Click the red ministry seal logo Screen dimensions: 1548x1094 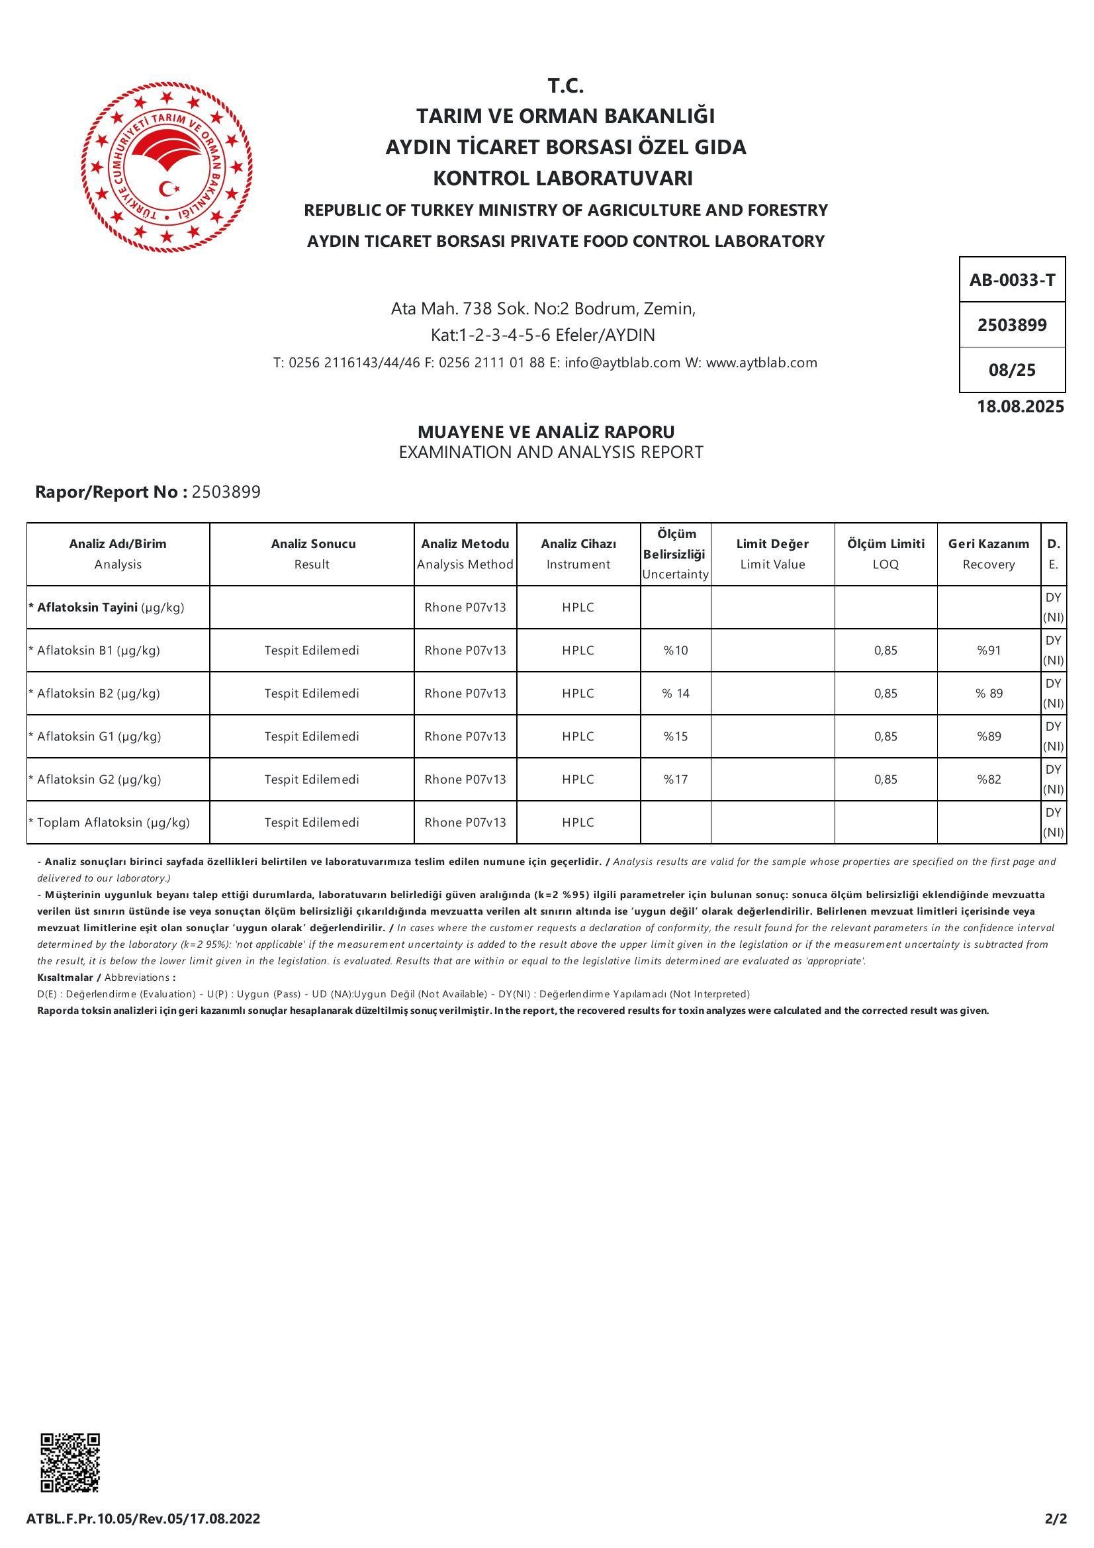click(167, 167)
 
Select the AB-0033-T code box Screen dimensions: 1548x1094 click(1012, 280)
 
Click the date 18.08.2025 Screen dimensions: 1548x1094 click(1021, 406)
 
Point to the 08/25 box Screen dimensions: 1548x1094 click(1012, 370)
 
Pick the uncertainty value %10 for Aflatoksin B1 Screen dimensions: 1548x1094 click(676, 651)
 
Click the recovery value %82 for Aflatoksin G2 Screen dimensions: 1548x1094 click(989, 780)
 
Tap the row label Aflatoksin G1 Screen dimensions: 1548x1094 click(99, 736)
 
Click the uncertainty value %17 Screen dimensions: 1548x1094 click(676, 780)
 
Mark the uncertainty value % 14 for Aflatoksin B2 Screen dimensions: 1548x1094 click(676, 693)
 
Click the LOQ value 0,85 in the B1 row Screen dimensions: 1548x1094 click(886, 651)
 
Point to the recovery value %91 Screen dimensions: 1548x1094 click(989, 651)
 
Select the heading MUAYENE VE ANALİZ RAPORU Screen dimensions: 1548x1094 click(546, 432)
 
